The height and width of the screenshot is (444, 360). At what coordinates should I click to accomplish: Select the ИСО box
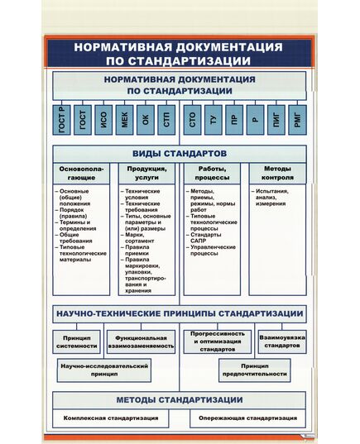(x=103, y=122)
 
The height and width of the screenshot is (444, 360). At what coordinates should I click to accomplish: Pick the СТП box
(x=166, y=122)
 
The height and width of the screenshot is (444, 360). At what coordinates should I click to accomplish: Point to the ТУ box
(x=214, y=122)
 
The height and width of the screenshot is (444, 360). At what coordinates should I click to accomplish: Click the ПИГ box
(x=276, y=122)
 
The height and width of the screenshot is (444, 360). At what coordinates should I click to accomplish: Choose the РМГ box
(x=297, y=122)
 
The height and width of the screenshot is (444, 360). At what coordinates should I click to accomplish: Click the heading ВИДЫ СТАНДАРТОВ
(x=180, y=155)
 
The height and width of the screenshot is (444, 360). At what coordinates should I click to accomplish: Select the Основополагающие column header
(x=81, y=174)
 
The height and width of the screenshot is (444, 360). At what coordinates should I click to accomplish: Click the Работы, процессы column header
(x=213, y=174)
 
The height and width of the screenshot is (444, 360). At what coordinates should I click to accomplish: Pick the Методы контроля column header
(x=277, y=174)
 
